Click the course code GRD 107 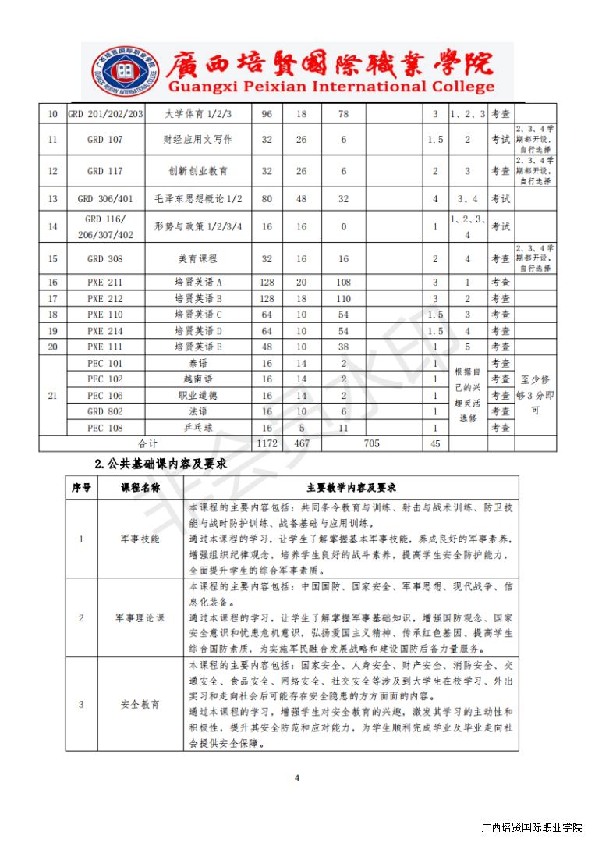pyautogui.click(x=105, y=140)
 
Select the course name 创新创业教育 pyautogui.click(x=198, y=171)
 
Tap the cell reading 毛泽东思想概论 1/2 pyautogui.click(x=198, y=199)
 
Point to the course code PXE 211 pyautogui.click(x=105, y=282)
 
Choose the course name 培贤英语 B pyautogui.click(x=198, y=298)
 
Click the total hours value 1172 pyautogui.click(x=267, y=443)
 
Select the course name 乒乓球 pyautogui.click(x=198, y=428)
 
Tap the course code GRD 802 pyautogui.click(x=105, y=411)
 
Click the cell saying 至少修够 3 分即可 pyautogui.click(x=535, y=395)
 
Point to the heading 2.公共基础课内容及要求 pyautogui.click(x=160, y=464)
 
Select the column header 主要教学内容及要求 pyautogui.click(x=352, y=488)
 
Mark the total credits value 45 pyautogui.click(x=435, y=443)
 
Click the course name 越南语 pyautogui.click(x=198, y=379)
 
